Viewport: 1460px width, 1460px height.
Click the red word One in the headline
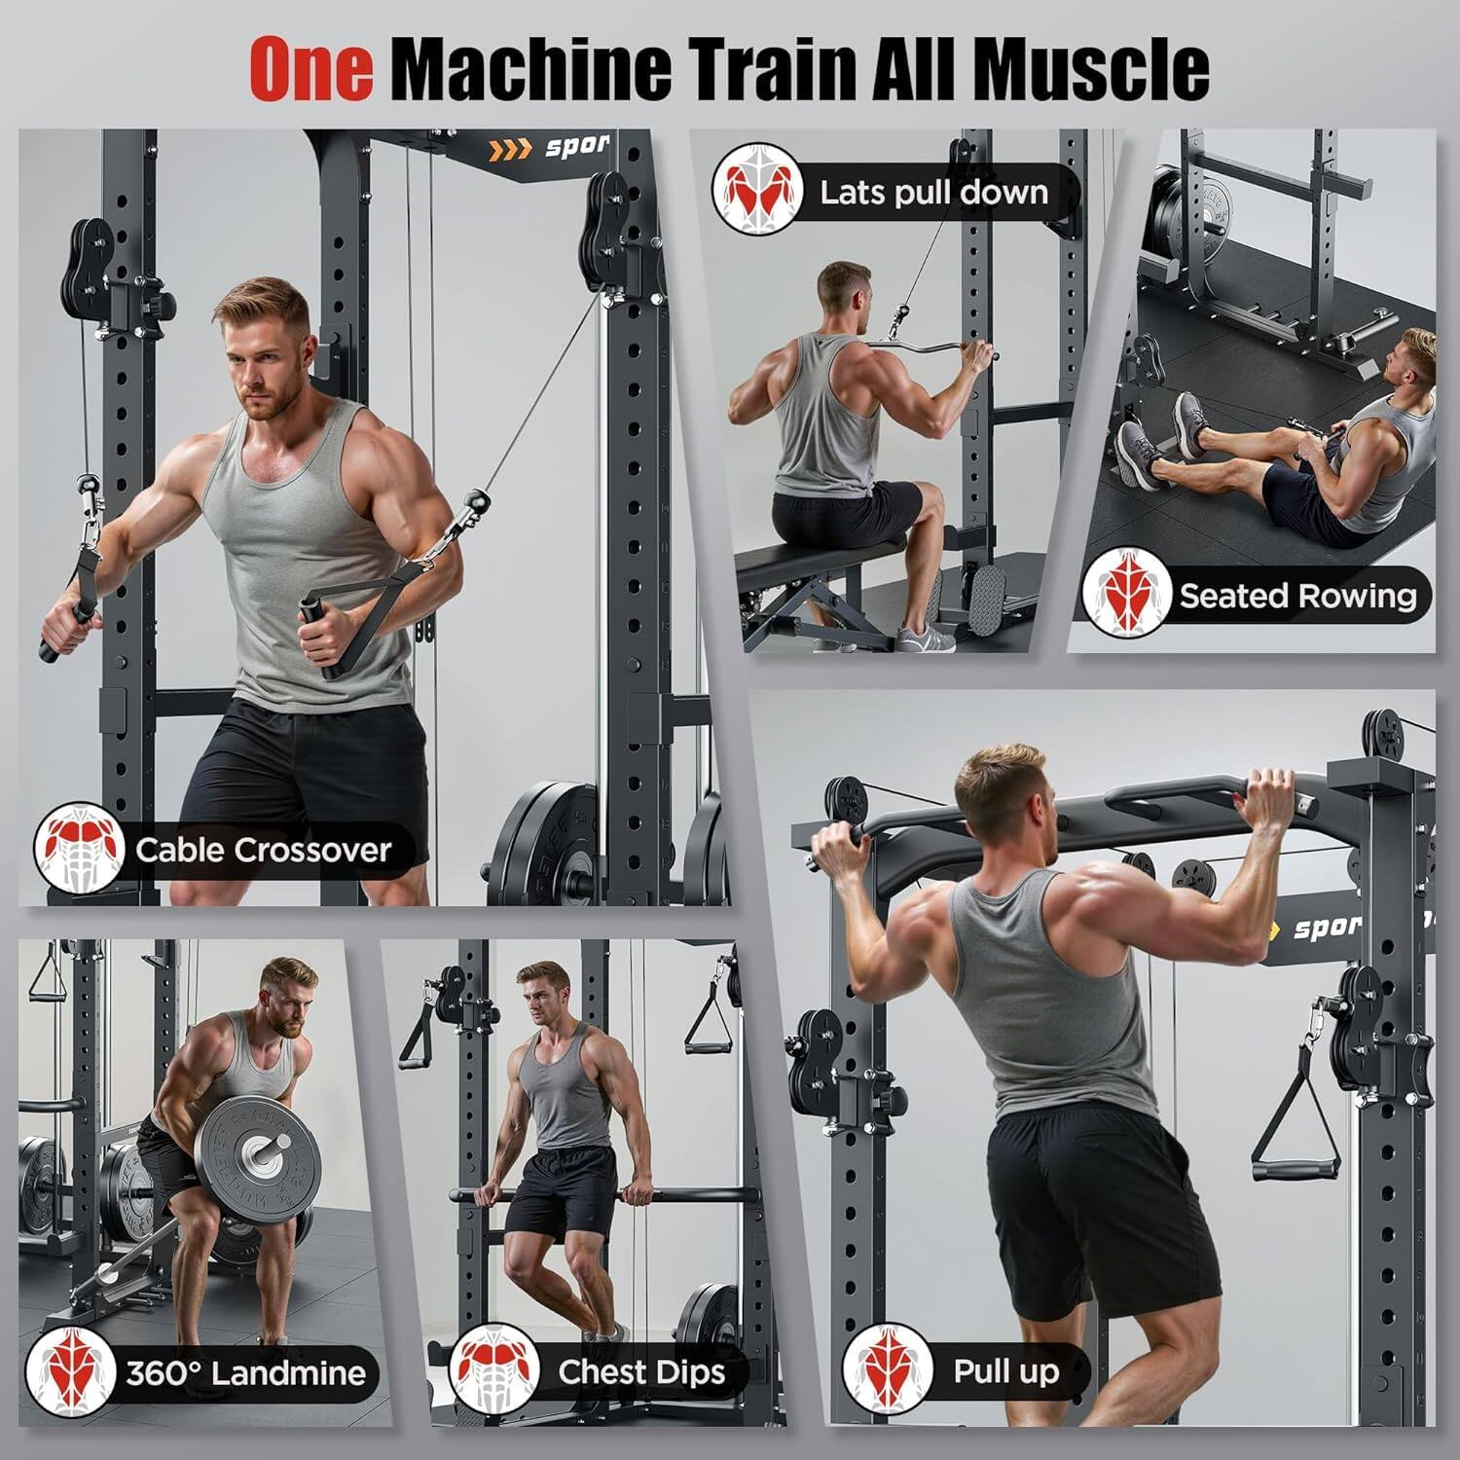pos(311,68)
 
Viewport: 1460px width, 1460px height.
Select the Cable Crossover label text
pos(263,850)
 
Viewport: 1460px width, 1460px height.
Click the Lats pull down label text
pos(933,192)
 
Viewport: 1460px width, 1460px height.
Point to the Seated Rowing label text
pos(1297,596)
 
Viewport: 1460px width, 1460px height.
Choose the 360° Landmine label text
pos(245,1372)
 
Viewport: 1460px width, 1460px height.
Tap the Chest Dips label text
pos(641,1371)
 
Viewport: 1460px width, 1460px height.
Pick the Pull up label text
pos(1005,1371)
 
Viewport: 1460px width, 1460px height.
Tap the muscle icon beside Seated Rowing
pos(1127,593)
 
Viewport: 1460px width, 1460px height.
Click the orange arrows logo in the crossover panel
pos(510,149)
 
